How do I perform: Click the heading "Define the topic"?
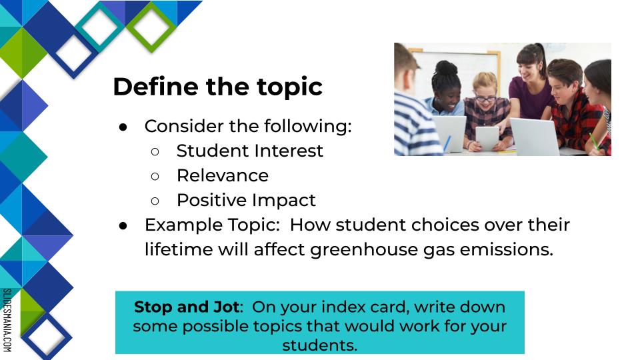click(217, 87)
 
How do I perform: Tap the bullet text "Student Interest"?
click(249, 151)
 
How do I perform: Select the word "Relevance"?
click(223, 176)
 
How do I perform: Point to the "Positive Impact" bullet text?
click(246, 201)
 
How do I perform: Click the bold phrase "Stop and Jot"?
click(187, 307)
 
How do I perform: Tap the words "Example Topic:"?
click(212, 225)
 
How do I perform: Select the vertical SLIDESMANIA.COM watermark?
click(7, 320)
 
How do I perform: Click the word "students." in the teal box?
click(319, 345)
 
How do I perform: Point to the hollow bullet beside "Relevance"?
click(155, 176)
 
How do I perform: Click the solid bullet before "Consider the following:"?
click(123, 127)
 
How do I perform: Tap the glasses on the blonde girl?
click(485, 99)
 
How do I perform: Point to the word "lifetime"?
click(179, 249)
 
